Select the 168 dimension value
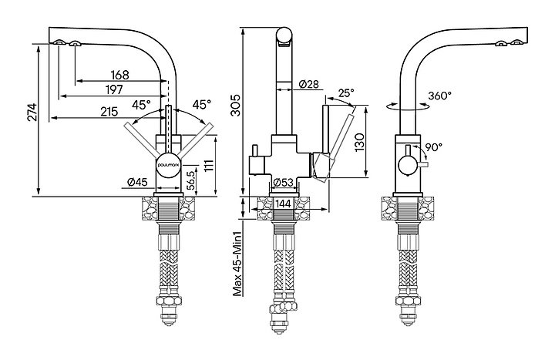click(x=119, y=75)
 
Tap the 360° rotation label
click(x=440, y=96)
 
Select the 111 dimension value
click(x=209, y=165)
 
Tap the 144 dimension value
click(x=283, y=204)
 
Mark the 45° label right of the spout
click(x=201, y=103)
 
